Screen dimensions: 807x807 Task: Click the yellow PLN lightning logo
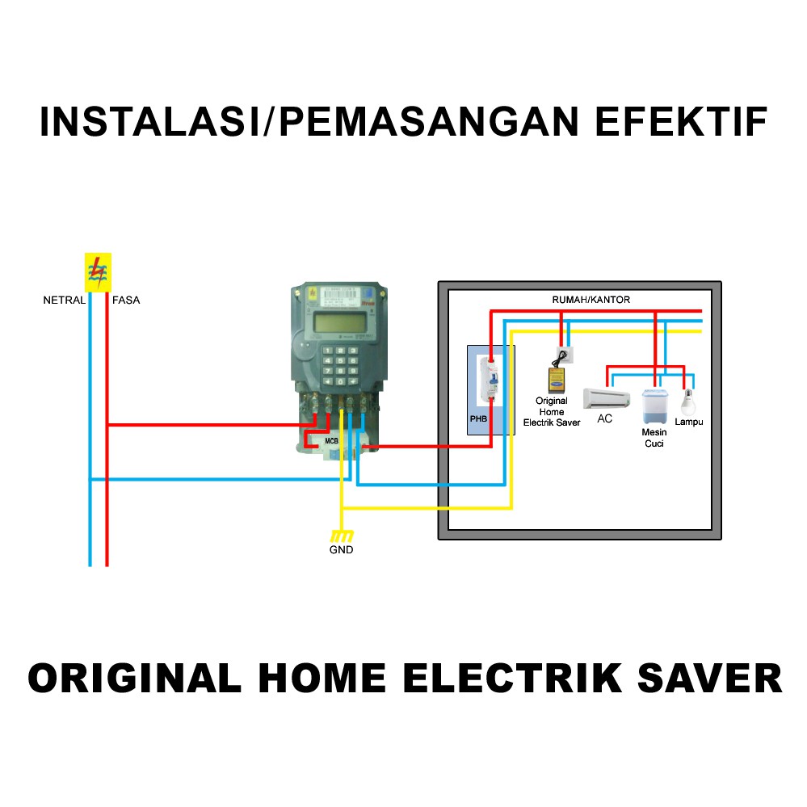[98, 272]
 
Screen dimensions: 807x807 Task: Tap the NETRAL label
[65, 300]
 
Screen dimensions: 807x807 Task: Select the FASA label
[126, 300]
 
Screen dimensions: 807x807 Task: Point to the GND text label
[341, 549]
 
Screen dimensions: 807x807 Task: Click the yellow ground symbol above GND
[342, 536]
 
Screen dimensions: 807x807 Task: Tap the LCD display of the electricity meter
[339, 323]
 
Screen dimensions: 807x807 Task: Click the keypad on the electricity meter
[339, 366]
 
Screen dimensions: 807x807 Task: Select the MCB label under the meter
[331, 441]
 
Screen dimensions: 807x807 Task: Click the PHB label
[478, 419]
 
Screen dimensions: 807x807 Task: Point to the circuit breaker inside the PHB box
[490, 380]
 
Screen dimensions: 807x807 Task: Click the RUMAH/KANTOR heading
[591, 300]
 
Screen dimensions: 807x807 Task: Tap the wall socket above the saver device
[565, 355]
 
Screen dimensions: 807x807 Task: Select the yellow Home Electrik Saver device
[557, 380]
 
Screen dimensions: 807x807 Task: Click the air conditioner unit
[607, 398]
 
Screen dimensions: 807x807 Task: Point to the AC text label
[605, 418]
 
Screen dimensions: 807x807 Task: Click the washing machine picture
[654, 406]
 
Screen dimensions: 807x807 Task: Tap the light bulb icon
[688, 402]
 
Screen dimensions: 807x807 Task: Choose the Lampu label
[688, 422]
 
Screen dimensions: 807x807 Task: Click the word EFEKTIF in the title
[681, 122]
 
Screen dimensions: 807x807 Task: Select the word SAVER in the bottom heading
[710, 679]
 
